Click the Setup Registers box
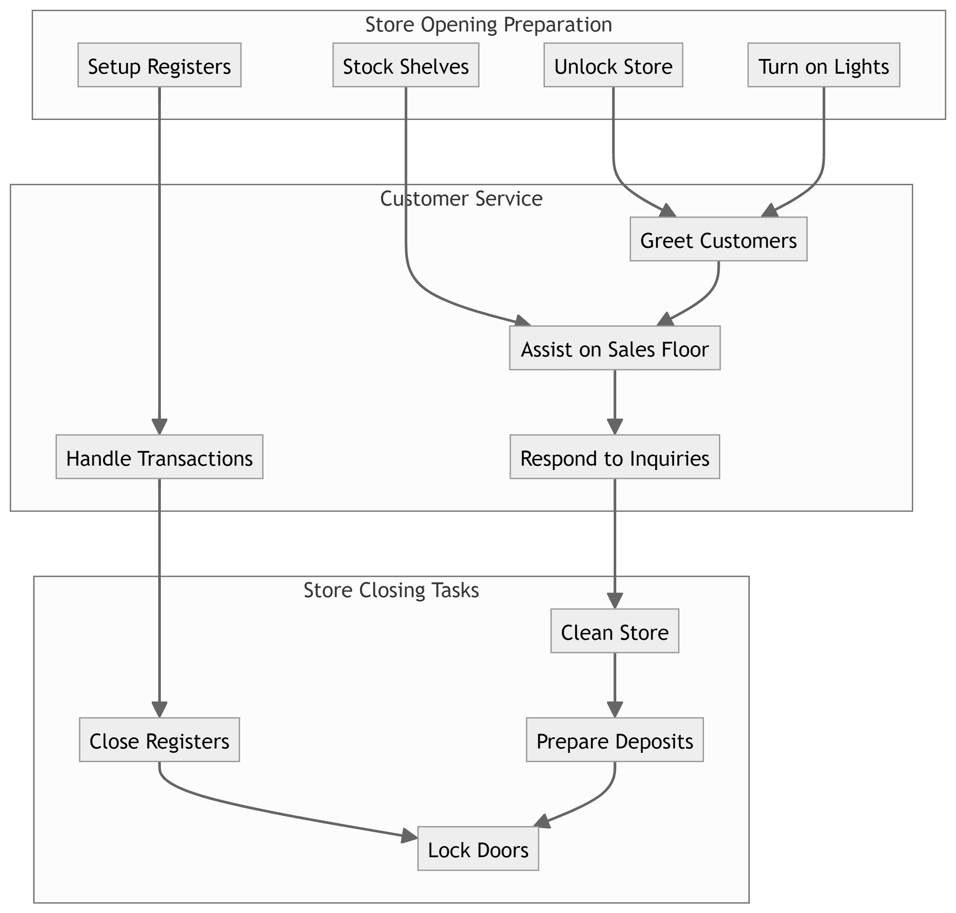pos(159,65)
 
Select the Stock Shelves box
pos(406,65)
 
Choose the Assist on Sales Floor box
pos(614,348)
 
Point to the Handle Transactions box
pos(159,457)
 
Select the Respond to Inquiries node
pos(614,457)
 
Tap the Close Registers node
pos(159,740)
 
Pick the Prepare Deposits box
pos(614,740)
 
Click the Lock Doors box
pos(478,849)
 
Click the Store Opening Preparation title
pos(488,25)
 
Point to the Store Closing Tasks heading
pos(391,590)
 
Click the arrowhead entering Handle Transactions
pos(159,426)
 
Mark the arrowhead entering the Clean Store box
pos(615,601)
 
